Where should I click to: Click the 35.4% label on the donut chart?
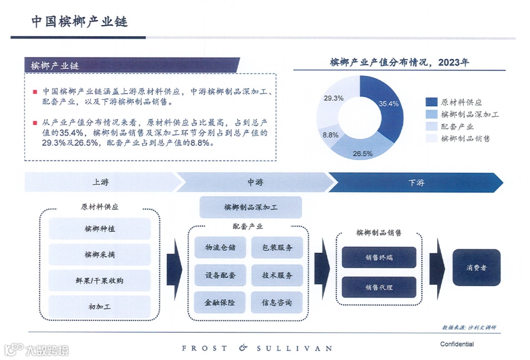pos(389,103)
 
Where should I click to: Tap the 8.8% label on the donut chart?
pos(331,135)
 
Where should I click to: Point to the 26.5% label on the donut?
pos(363,154)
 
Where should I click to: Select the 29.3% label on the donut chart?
pos(334,98)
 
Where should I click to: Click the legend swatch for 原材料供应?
pos(431,102)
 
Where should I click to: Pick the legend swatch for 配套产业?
pos(431,127)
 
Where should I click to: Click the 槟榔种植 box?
pos(100,229)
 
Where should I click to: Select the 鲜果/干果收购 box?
pos(100,281)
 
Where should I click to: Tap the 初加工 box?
pos(100,307)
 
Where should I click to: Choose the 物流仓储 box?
pos(220,248)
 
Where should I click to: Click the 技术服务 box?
pos(277,275)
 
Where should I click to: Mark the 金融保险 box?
pos(220,302)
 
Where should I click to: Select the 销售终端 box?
pos(379,257)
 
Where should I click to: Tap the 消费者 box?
pos(476,268)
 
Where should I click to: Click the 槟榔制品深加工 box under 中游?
pos(250,207)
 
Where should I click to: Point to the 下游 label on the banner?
pos(416,182)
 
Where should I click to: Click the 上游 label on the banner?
pos(101,182)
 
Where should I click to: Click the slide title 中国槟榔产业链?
pos(79,22)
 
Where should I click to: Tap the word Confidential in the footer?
pos(457,344)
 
